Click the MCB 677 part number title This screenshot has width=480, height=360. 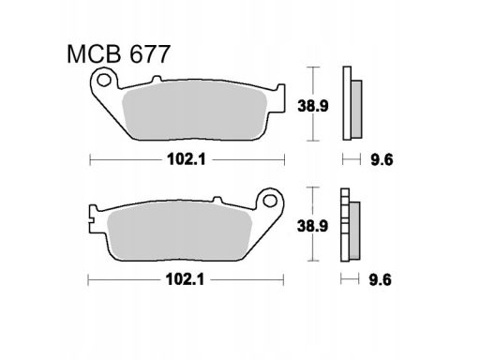(118, 54)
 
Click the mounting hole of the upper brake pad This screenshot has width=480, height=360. (104, 80)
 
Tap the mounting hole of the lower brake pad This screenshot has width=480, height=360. (270, 201)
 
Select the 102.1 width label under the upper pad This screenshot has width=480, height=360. (187, 159)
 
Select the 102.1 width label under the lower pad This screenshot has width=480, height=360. (185, 279)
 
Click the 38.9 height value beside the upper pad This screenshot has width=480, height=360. (313, 106)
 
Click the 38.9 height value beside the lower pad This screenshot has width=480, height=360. (312, 226)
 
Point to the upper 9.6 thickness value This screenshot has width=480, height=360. (382, 160)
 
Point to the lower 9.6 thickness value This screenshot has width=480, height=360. (380, 279)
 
